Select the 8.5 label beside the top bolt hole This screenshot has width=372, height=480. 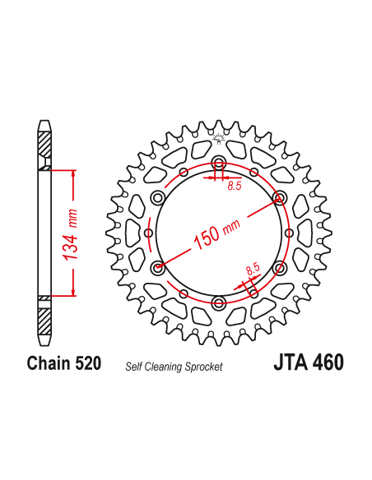[235, 187]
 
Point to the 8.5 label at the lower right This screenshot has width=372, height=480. [252, 268]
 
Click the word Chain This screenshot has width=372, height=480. [49, 363]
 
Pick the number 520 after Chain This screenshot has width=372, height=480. [87, 363]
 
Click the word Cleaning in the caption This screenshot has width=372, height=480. [167, 367]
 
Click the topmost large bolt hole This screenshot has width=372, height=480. [218, 162]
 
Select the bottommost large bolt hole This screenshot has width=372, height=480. [218, 303]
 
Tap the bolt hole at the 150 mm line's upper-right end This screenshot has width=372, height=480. [279, 197]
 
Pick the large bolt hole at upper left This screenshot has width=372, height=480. [157, 197]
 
